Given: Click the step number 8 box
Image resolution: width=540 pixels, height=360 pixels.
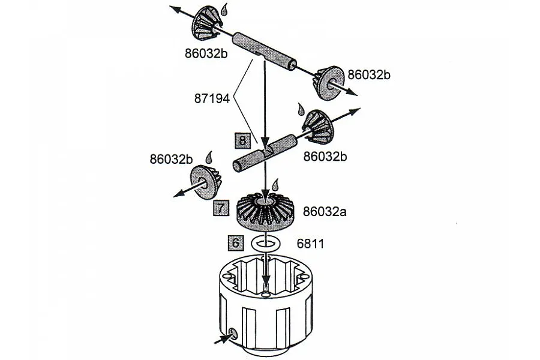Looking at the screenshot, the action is point(242,140).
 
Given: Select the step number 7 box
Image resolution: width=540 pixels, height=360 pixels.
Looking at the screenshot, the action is point(221,208).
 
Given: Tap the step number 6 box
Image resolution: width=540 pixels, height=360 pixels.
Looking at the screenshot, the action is point(236,243).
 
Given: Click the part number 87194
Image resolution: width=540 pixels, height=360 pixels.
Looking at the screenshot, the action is point(212,98).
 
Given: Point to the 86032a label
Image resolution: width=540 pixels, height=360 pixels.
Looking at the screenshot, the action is point(325,211).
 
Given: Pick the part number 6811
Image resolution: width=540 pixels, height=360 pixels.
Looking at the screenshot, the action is point(310,244).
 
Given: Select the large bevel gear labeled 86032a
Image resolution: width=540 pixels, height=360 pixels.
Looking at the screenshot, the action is point(265,212).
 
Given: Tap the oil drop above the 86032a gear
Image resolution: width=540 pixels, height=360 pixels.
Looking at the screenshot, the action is point(275,185).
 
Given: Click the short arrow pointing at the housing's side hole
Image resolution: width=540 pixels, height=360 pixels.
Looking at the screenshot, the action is point(222,338).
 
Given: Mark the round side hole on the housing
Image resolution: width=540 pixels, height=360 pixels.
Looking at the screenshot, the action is point(233,332).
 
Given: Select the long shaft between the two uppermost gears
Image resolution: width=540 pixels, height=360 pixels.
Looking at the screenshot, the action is point(264,51).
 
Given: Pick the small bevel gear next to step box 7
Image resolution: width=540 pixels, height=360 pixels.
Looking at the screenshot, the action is point(206,182).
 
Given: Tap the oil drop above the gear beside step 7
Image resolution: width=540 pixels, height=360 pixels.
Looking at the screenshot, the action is point(209,157).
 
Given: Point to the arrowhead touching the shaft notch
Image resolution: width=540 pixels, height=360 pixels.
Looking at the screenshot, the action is point(265,143).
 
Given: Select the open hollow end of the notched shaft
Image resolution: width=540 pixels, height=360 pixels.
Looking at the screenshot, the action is point(237,167).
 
